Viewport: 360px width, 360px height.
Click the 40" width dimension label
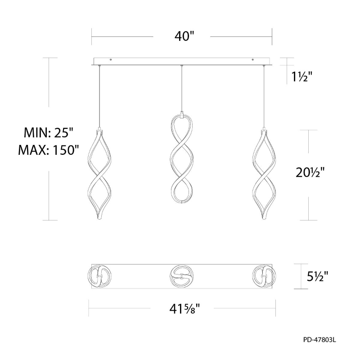coord(184,36)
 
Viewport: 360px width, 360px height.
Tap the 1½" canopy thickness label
coord(301,76)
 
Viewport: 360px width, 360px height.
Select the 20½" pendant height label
coord(310,172)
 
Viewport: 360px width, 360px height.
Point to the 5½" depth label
coord(318,276)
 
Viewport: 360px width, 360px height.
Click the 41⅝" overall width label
coord(184,309)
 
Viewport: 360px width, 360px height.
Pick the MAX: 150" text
coord(49,150)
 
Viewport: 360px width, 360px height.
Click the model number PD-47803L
coord(319,340)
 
